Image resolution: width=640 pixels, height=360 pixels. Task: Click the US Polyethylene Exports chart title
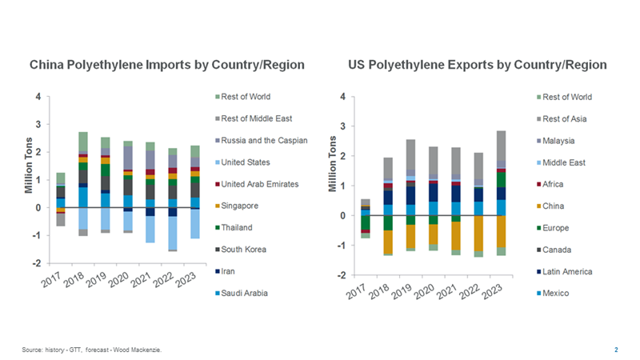[x=478, y=64]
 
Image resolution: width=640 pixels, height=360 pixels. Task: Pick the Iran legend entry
[x=231, y=271]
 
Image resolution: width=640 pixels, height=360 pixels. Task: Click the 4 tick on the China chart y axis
[x=39, y=98]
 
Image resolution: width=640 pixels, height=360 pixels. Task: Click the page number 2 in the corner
[x=616, y=350]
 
